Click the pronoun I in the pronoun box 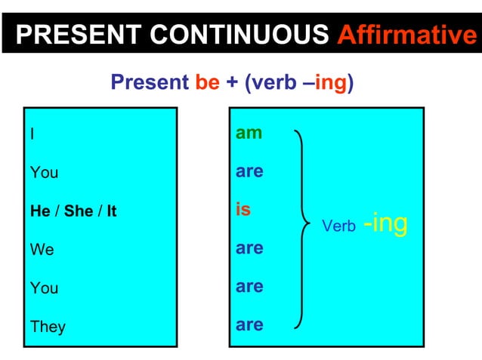32,134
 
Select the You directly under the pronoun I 44,173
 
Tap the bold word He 40,211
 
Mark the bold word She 78,211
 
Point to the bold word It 111,211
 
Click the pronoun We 42,250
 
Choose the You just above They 44,288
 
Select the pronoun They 48,327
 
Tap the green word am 249,133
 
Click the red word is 243,210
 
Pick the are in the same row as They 249,325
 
